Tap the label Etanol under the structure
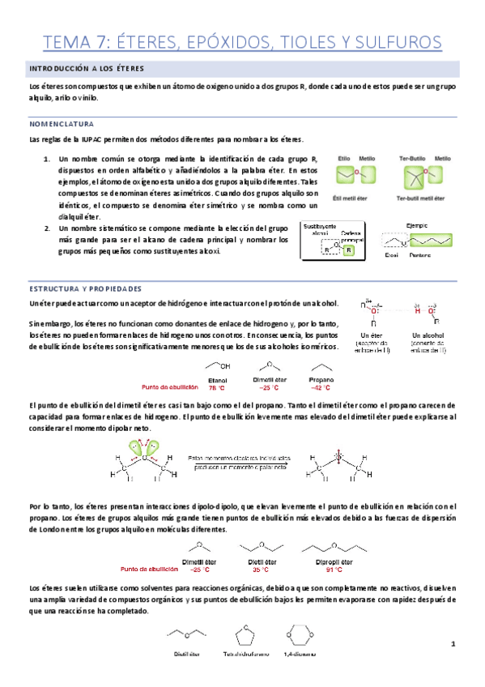pyautogui.click(x=217, y=379)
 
